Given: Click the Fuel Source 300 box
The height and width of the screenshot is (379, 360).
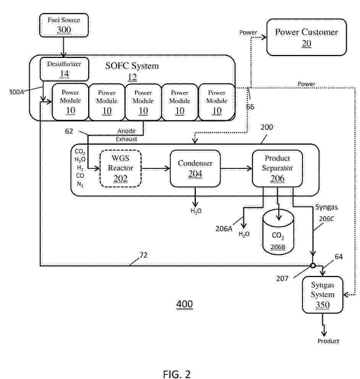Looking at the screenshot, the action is pyautogui.click(x=64, y=25).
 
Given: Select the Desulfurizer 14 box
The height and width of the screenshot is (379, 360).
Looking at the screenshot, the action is pyautogui.click(x=64, y=69).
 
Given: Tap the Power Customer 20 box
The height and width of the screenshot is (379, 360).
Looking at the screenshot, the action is pyautogui.click(x=307, y=37).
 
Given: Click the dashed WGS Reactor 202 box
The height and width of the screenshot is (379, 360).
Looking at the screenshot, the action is pyautogui.click(x=120, y=168).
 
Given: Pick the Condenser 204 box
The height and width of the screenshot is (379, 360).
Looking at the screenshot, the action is pyautogui.click(x=195, y=168).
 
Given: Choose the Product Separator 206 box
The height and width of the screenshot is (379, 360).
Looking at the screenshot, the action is pyautogui.click(x=277, y=168).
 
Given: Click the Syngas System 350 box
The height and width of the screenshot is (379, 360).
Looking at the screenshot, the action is pyautogui.click(x=323, y=295).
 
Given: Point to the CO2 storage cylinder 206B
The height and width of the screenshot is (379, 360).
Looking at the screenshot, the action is pyautogui.click(x=278, y=232).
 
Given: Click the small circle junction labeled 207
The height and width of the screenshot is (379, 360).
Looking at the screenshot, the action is pyautogui.click(x=313, y=266).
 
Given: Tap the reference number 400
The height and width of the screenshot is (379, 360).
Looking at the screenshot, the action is pyautogui.click(x=184, y=304).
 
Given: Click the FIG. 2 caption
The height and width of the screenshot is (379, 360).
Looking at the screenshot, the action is pyautogui.click(x=177, y=374).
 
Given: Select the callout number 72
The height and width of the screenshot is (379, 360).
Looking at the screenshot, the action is pyautogui.click(x=144, y=255).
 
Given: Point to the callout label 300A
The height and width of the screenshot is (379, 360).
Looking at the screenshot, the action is pyautogui.click(x=16, y=92).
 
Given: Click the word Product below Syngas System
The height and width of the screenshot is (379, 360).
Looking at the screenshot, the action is pyautogui.click(x=328, y=341).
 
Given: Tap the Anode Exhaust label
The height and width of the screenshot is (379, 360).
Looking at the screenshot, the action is pyautogui.click(x=126, y=135).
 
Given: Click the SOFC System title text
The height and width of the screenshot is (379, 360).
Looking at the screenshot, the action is pyautogui.click(x=132, y=66).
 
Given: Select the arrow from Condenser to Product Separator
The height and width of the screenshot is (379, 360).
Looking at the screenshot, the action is pyautogui.click(x=236, y=168).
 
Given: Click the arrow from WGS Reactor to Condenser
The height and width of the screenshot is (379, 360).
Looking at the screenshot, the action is pyautogui.click(x=156, y=168).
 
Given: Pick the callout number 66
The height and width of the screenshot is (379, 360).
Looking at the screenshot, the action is pyautogui.click(x=250, y=107).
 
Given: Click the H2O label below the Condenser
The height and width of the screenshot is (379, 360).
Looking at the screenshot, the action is pyautogui.click(x=196, y=211).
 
